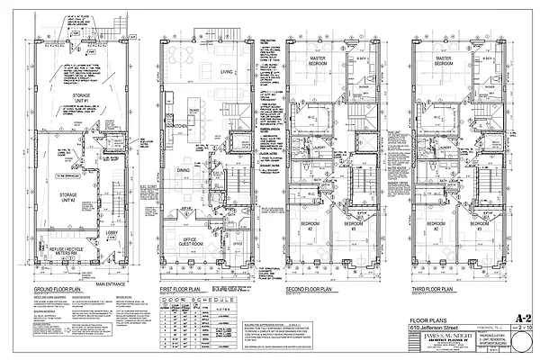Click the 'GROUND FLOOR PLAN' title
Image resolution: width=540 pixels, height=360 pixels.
tap(62, 289)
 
